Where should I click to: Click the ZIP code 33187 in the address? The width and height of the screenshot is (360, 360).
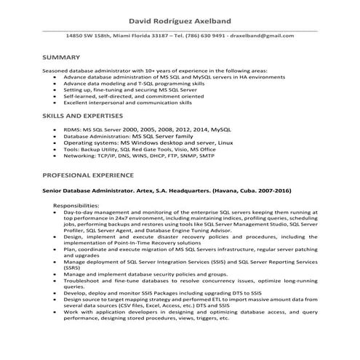151,35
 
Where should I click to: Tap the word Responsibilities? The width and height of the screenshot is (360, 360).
76,206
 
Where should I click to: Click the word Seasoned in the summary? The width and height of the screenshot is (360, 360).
57,69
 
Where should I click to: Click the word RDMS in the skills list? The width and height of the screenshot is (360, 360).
72,127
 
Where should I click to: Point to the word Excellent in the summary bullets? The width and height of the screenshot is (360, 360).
76,103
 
